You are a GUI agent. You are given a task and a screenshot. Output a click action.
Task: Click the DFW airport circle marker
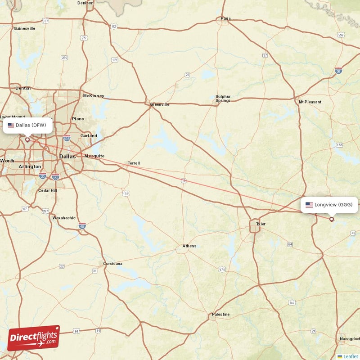click(27, 139)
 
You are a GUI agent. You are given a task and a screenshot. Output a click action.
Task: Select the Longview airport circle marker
click(332, 220)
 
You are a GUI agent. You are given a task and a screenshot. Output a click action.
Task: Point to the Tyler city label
click(261, 224)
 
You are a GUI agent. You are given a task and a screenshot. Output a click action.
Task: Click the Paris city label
click(225, 18)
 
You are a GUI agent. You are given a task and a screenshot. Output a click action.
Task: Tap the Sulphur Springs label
click(223, 99)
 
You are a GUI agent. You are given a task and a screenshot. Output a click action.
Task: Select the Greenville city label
click(160, 104)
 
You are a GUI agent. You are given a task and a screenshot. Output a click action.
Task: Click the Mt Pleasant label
click(310, 102)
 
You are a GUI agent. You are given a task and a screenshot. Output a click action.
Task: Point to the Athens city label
click(189, 246)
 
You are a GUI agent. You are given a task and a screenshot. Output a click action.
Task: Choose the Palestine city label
click(220, 314)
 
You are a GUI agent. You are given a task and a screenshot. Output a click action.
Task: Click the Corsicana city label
click(112, 264)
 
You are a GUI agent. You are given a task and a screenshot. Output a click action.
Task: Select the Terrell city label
click(134, 163)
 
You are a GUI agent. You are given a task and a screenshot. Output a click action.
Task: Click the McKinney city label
click(94, 96)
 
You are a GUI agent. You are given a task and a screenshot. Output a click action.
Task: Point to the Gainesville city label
click(24, 28)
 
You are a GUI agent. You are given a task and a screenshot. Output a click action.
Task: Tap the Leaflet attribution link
click(350, 356)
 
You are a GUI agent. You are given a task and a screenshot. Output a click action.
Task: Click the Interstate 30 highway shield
click(338, 70)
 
